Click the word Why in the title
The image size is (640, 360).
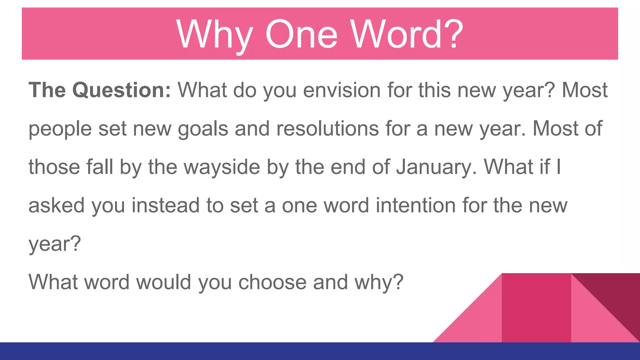click(214, 34)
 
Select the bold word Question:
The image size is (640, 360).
click(122, 90)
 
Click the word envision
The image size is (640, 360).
click(342, 90)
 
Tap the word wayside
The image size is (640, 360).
click(222, 167)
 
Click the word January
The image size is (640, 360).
click(436, 167)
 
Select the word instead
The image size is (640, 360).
click(166, 206)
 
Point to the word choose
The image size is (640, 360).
click(272, 282)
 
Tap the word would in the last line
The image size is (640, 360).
click(164, 282)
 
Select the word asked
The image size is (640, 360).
click(57, 206)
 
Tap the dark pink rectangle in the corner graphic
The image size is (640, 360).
click(536, 308)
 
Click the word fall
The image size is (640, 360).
click(100, 167)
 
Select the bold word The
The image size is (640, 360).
click(47, 90)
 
